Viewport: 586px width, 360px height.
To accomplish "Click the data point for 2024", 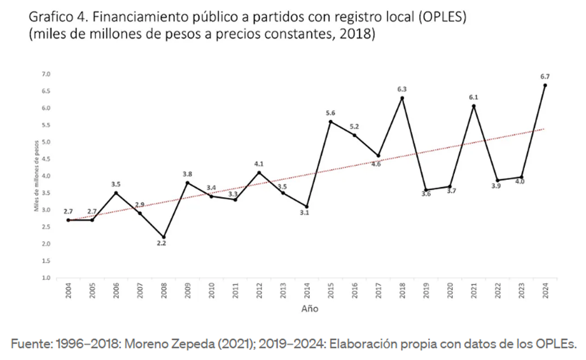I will click(x=545, y=85).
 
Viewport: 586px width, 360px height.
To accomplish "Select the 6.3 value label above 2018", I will click(x=402, y=89).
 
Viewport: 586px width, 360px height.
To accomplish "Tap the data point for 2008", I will click(x=164, y=237).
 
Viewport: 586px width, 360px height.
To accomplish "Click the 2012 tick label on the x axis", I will click(x=260, y=290).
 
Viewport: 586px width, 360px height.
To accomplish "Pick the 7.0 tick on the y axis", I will click(x=46, y=74).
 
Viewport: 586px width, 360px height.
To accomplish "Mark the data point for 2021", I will click(x=474, y=106).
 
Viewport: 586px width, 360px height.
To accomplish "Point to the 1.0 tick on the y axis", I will click(x=46, y=278).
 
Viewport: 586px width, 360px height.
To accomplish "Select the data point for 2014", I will click(x=307, y=206).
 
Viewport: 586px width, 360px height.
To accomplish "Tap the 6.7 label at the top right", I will click(x=545, y=77).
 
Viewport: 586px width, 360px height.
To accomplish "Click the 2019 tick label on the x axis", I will click(x=426, y=290).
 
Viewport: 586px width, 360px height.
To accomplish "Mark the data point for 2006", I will click(x=116, y=193).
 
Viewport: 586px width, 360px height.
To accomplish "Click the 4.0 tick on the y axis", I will click(x=46, y=176).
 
